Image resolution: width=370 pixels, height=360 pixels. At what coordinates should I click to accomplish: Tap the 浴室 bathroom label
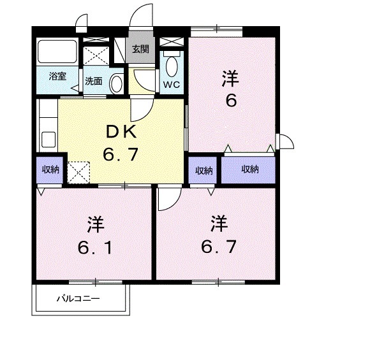[57, 76]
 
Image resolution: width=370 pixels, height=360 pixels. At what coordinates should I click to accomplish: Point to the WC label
[172, 84]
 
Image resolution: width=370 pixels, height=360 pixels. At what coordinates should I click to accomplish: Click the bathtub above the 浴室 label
[58, 52]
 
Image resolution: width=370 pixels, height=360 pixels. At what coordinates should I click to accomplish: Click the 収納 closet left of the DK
[50, 169]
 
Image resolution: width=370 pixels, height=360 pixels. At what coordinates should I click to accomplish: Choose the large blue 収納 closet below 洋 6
[249, 169]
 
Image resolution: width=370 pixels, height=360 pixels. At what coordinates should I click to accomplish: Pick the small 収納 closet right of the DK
[204, 170]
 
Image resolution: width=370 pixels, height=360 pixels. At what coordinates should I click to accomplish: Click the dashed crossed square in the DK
[78, 171]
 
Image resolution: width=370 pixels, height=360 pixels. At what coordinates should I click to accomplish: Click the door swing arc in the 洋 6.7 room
[168, 201]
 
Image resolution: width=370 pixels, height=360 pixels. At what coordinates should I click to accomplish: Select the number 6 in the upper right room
[230, 100]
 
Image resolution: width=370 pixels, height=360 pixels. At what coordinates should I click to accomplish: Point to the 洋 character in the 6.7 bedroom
[219, 224]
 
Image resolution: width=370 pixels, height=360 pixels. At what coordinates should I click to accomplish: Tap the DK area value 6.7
[121, 155]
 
